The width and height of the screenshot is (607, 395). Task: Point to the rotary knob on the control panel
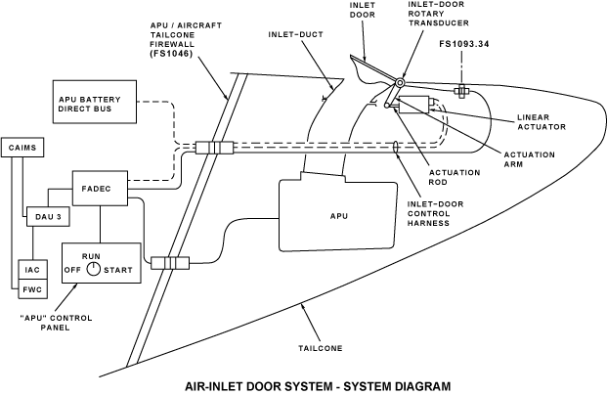[x=92, y=269]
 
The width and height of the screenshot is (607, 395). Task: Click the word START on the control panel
[x=118, y=269]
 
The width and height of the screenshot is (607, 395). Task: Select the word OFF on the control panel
[x=71, y=269]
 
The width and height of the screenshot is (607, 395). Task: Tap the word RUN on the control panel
[x=92, y=254]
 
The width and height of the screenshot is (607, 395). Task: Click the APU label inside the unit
[x=338, y=213]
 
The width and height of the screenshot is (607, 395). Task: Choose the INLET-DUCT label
[x=294, y=36]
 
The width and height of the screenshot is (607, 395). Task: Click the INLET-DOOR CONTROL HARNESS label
[x=436, y=212]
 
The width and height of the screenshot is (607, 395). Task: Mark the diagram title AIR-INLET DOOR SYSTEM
[x=302, y=385]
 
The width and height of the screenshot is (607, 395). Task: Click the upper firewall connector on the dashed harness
[x=214, y=149]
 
